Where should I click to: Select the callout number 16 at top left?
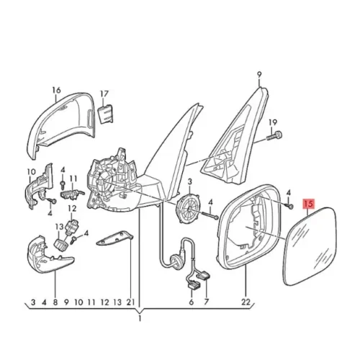pos(55,91)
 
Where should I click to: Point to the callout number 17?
pos(103,94)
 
